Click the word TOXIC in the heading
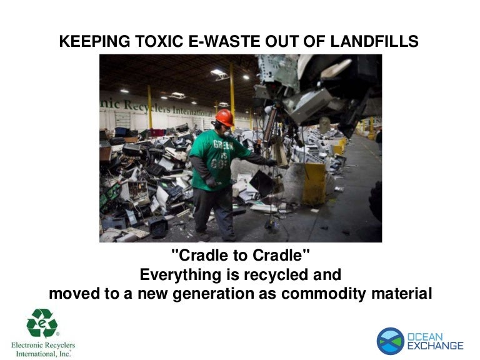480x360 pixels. tap(159, 41)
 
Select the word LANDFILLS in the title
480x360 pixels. tap(374, 41)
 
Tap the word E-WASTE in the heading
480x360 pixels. tap(224, 41)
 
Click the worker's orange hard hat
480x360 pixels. tap(225, 117)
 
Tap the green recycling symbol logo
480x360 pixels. tap(42, 322)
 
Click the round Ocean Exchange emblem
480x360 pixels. tap(390, 341)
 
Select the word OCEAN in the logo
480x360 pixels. tap(425, 337)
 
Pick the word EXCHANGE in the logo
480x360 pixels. tap(435, 346)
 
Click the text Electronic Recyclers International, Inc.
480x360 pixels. tap(43, 349)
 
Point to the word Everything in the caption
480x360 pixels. tap(180, 275)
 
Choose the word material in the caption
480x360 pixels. tap(402, 294)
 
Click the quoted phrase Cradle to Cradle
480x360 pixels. tap(240, 255)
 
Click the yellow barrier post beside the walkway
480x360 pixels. tap(314, 184)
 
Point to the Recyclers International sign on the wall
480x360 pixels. tap(156, 107)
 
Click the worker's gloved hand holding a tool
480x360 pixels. tap(211, 182)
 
